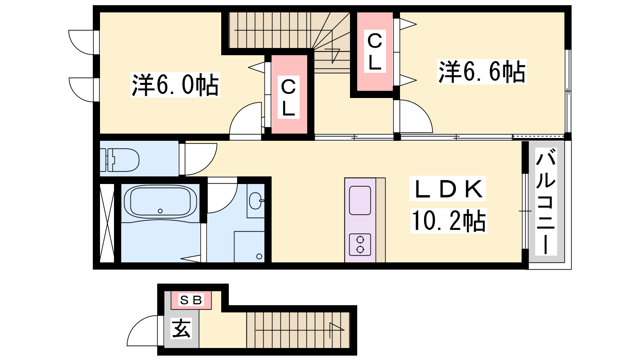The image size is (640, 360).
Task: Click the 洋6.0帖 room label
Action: coord(175,85)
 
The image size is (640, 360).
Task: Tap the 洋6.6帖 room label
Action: coord(482,72)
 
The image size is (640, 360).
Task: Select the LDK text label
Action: coord(448,188)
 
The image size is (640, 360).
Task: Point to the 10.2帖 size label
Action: coord(448,220)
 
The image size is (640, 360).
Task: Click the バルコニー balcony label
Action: coord(546,202)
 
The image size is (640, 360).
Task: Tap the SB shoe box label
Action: coord(191,300)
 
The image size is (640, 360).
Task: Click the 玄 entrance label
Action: coord(181,328)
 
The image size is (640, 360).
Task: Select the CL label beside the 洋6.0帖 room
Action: coord(288,98)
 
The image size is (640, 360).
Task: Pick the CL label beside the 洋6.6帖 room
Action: coord(374,52)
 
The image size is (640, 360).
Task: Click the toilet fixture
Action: coord(120,160)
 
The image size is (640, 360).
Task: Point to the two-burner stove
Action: coord(360,244)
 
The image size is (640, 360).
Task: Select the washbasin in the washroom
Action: coord(255,200)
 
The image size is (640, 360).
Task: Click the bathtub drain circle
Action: coord(160,211)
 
